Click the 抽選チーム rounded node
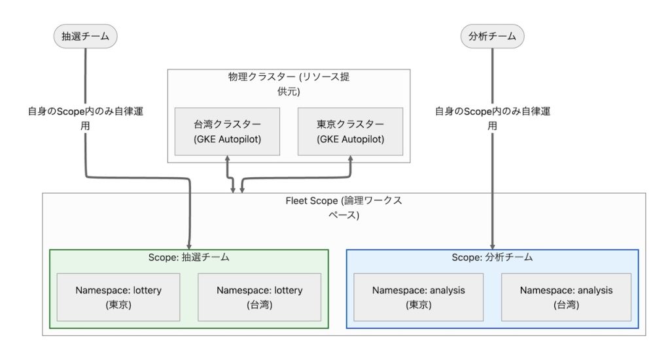[x=85, y=37]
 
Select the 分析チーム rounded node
[x=492, y=37]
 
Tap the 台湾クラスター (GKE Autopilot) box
[x=226, y=132]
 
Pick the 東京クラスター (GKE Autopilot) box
[x=350, y=132]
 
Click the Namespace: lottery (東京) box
[x=118, y=297]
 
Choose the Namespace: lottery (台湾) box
[x=260, y=297]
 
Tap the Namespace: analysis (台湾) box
[x=567, y=297]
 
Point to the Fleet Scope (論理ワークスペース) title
[x=344, y=207]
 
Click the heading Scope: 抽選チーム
[x=189, y=258]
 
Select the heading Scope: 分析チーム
[x=492, y=258]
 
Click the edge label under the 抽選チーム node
[x=85, y=118]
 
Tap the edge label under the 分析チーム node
[x=492, y=118]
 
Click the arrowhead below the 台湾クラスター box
[x=226, y=160]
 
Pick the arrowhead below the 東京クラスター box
[x=350, y=160]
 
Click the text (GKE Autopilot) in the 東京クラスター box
[x=350, y=139]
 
